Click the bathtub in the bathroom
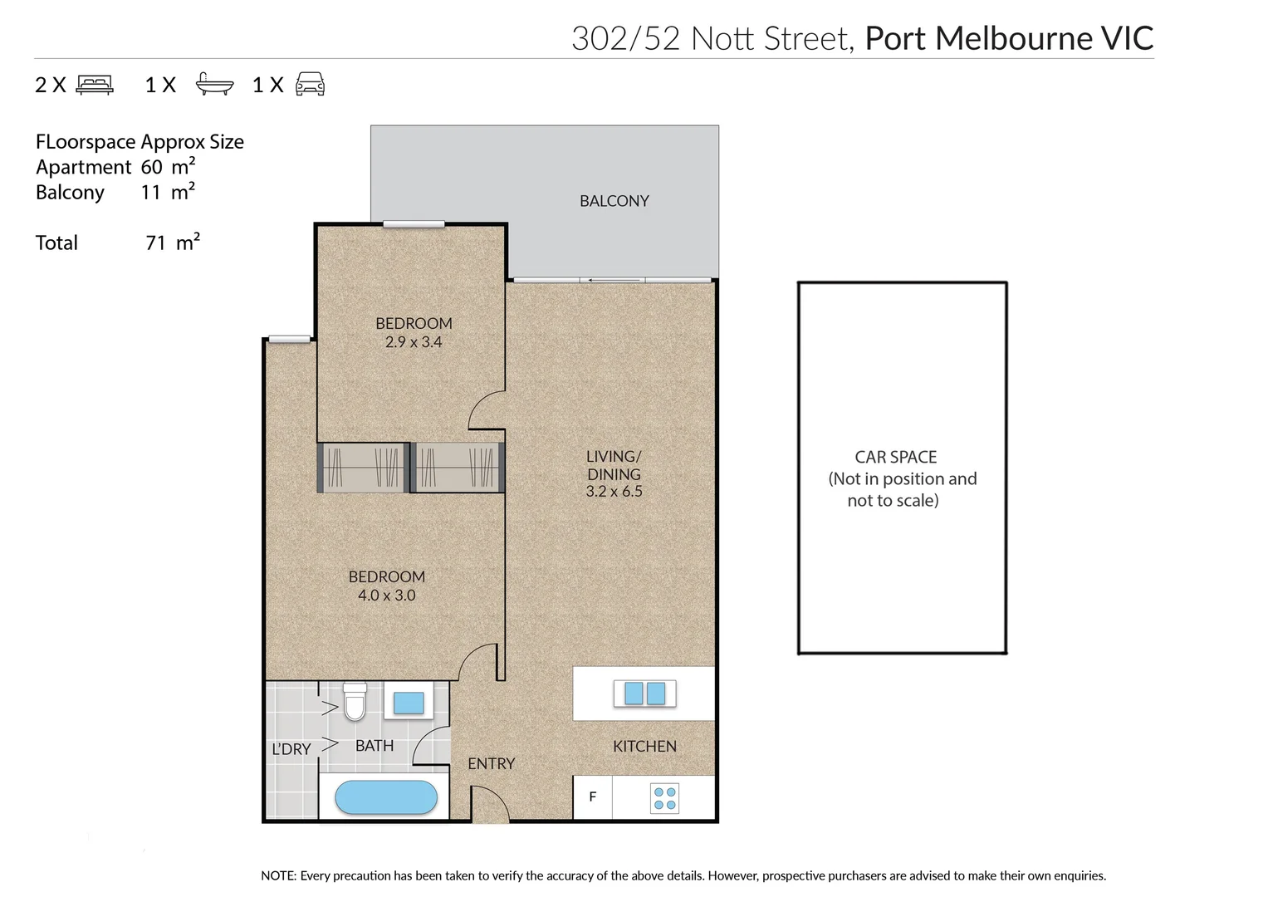[x=385, y=797]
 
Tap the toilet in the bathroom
[x=355, y=702]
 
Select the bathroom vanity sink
[x=408, y=703]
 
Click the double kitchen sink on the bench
[x=644, y=693]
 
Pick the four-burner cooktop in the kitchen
[x=664, y=798]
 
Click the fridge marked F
[x=592, y=797]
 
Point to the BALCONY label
[x=614, y=201]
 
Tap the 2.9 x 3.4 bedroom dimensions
[x=414, y=342]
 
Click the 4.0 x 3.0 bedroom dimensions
[x=386, y=596]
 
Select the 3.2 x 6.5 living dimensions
[x=614, y=492]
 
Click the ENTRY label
[x=491, y=763]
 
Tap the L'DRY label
[x=291, y=749]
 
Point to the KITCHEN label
[x=644, y=747]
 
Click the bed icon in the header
[x=95, y=85]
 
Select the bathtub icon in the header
[x=214, y=85]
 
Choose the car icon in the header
[x=310, y=85]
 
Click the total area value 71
[x=155, y=243]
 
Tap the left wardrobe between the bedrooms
[x=363, y=468]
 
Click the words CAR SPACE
[x=895, y=458]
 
